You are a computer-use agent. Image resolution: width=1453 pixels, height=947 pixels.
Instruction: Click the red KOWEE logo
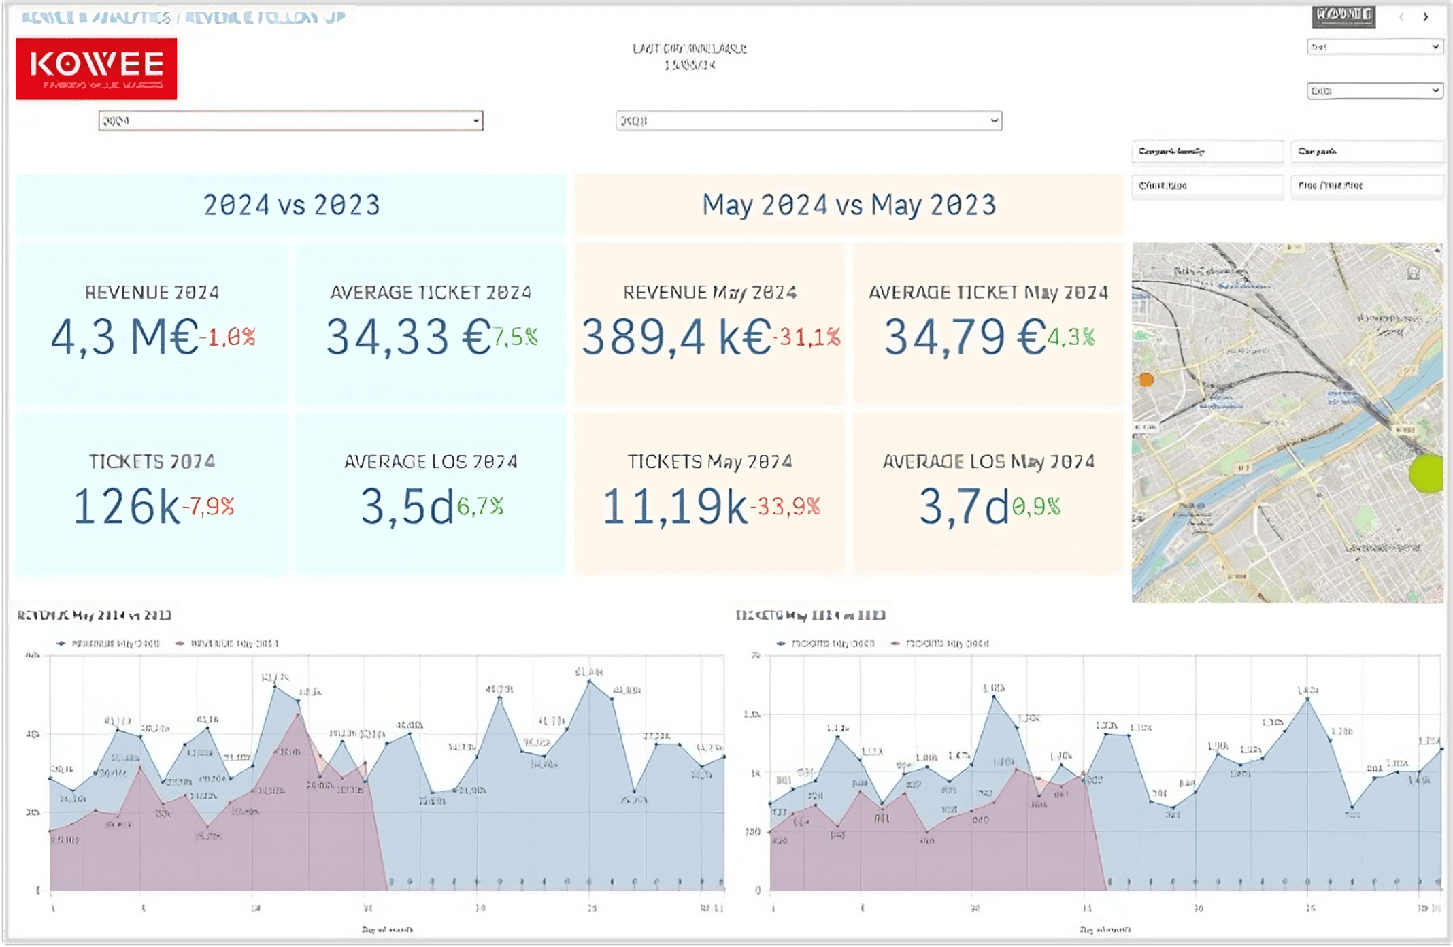[x=97, y=68]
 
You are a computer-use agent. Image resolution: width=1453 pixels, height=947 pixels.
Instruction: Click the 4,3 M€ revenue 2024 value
[x=124, y=337]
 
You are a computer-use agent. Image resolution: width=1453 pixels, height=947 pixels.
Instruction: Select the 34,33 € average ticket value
[x=408, y=337]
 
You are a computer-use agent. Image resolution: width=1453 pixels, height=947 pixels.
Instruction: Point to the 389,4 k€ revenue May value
[x=677, y=337]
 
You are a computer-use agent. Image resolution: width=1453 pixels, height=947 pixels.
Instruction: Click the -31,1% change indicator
[x=807, y=337]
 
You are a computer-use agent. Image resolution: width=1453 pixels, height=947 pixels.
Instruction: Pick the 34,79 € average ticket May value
[x=965, y=337]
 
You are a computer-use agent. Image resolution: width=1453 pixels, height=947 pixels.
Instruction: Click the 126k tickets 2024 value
[x=127, y=507]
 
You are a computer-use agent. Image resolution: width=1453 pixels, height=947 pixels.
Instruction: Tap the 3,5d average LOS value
[x=406, y=507]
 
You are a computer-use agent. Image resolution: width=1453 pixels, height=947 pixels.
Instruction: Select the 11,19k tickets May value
[x=675, y=507]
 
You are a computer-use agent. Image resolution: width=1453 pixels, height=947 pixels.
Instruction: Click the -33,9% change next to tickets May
[x=786, y=507]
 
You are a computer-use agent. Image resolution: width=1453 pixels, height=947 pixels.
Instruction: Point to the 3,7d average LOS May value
[x=963, y=507]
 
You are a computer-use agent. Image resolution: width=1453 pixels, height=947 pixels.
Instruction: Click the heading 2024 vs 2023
[x=291, y=205]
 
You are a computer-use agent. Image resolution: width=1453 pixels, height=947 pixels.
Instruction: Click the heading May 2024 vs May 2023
[x=849, y=205]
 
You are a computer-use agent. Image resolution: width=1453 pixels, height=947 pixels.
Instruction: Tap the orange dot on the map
[x=1146, y=380]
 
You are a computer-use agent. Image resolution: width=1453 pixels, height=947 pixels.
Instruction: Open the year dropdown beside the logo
[x=291, y=121]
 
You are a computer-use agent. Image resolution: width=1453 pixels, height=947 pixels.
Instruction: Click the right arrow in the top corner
[x=1425, y=17]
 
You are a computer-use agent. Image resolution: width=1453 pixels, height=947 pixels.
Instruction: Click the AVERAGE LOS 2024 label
[x=431, y=462]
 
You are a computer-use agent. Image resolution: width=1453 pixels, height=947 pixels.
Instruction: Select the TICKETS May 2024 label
[x=709, y=462]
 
